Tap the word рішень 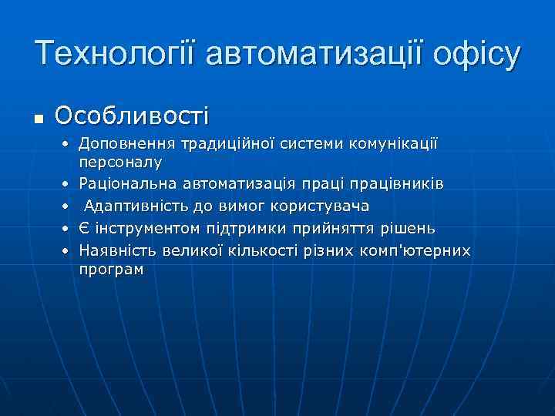(409, 229)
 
